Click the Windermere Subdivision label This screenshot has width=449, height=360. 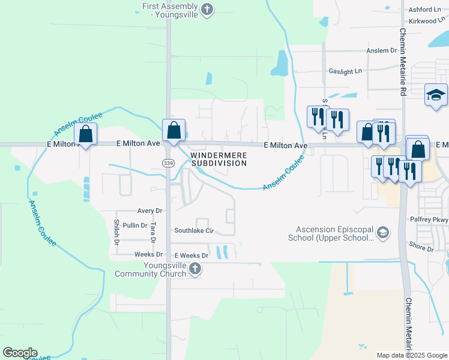[x=218, y=159]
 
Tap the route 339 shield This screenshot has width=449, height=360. [x=168, y=163]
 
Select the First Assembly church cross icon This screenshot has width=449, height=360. [x=207, y=9]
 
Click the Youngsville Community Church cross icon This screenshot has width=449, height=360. [x=194, y=269]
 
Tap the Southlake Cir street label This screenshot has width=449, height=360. [x=194, y=230]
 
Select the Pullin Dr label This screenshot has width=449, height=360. [x=134, y=225]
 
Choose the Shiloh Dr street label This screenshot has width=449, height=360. [x=116, y=232]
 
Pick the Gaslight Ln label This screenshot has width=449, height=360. [x=345, y=71]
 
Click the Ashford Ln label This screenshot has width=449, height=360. [x=424, y=10]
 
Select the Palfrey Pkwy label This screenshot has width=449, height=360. [x=432, y=220]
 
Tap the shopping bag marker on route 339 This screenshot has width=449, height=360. [x=173, y=130]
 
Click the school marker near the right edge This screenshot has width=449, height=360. [x=436, y=95]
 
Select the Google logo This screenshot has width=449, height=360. [x=20, y=353]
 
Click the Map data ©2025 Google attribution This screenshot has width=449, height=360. [x=412, y=355]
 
